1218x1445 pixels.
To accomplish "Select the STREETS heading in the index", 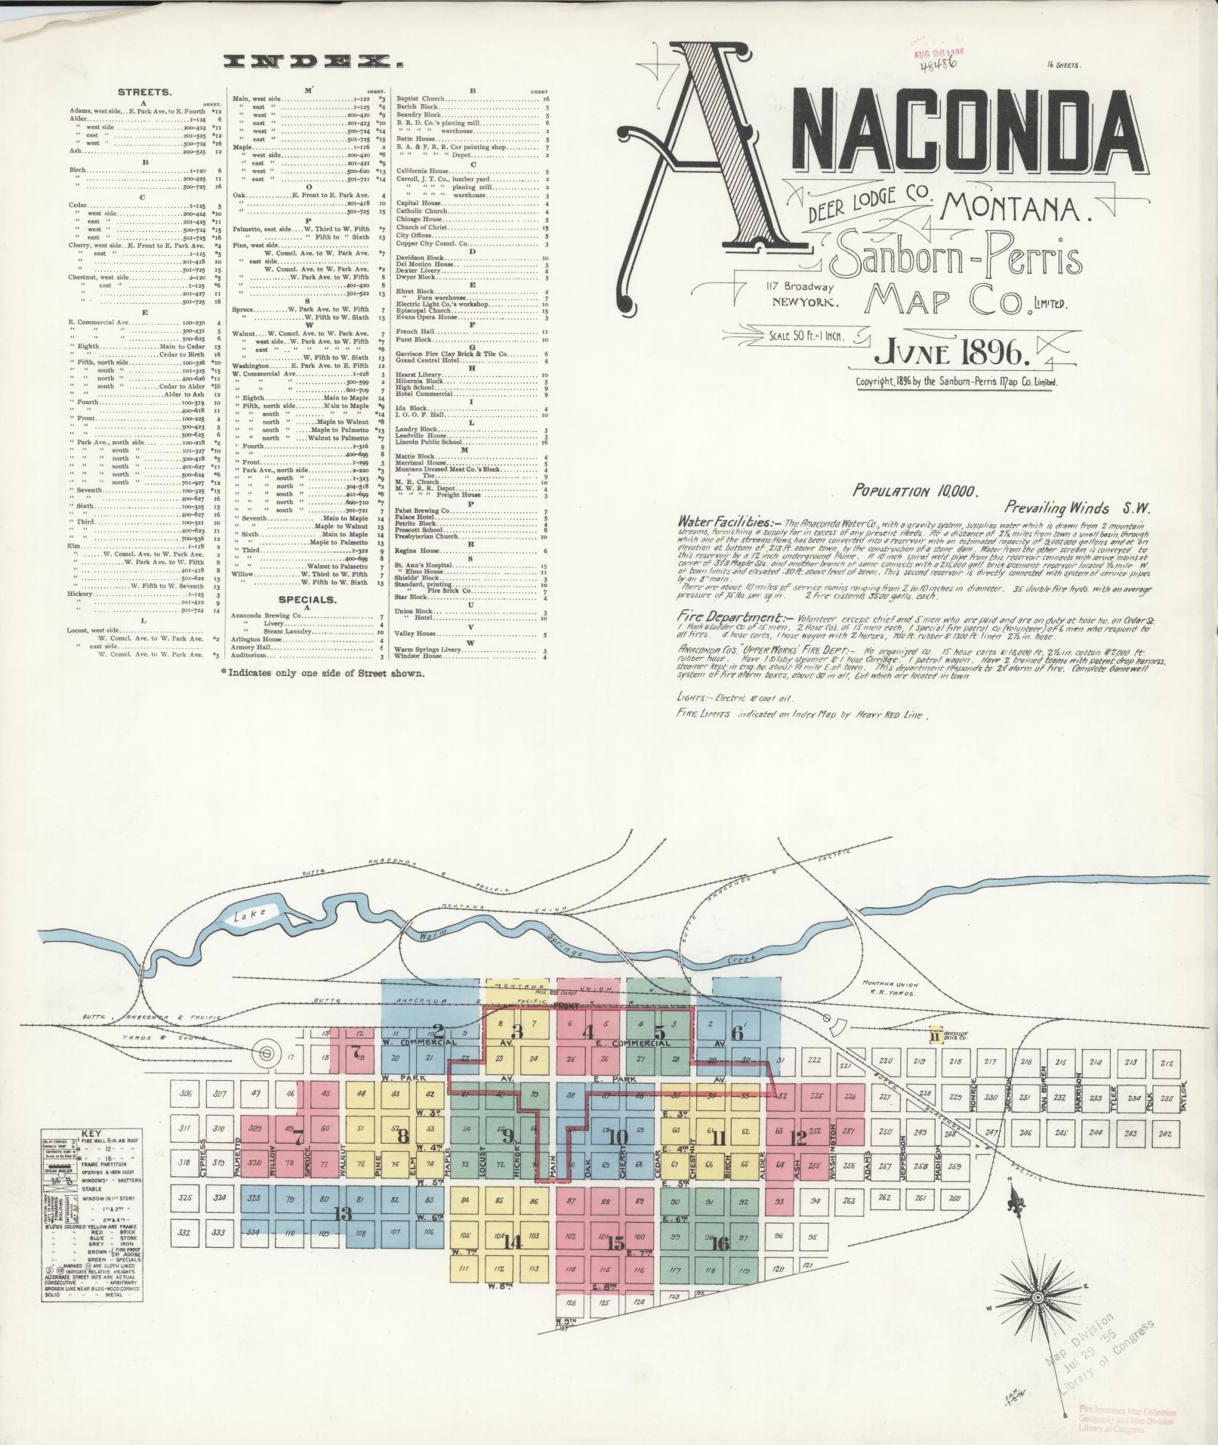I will [x=144, y=92].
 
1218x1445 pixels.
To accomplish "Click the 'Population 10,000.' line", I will [x=915, y=491].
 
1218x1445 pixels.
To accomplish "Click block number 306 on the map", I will [x=185, y=1093].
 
